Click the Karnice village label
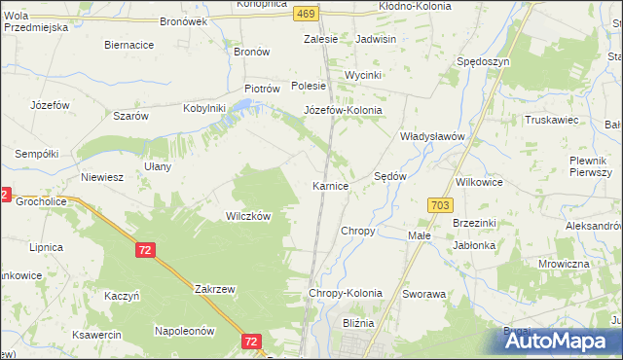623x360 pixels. [330, 185]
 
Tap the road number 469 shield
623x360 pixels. [307, 13]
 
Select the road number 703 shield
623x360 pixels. [439, 203]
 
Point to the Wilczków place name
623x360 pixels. [248, 216]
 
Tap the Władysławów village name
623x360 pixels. [435, 137]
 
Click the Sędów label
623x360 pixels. [390, 177]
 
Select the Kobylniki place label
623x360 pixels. [204, 108]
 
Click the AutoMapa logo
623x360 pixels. [550, 341]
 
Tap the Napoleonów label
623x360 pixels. [184, 331]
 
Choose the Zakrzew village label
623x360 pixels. [211, 289]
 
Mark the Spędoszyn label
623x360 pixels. [483, 61]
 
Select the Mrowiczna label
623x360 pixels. [564, 264]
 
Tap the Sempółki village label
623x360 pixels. [37, 154]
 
